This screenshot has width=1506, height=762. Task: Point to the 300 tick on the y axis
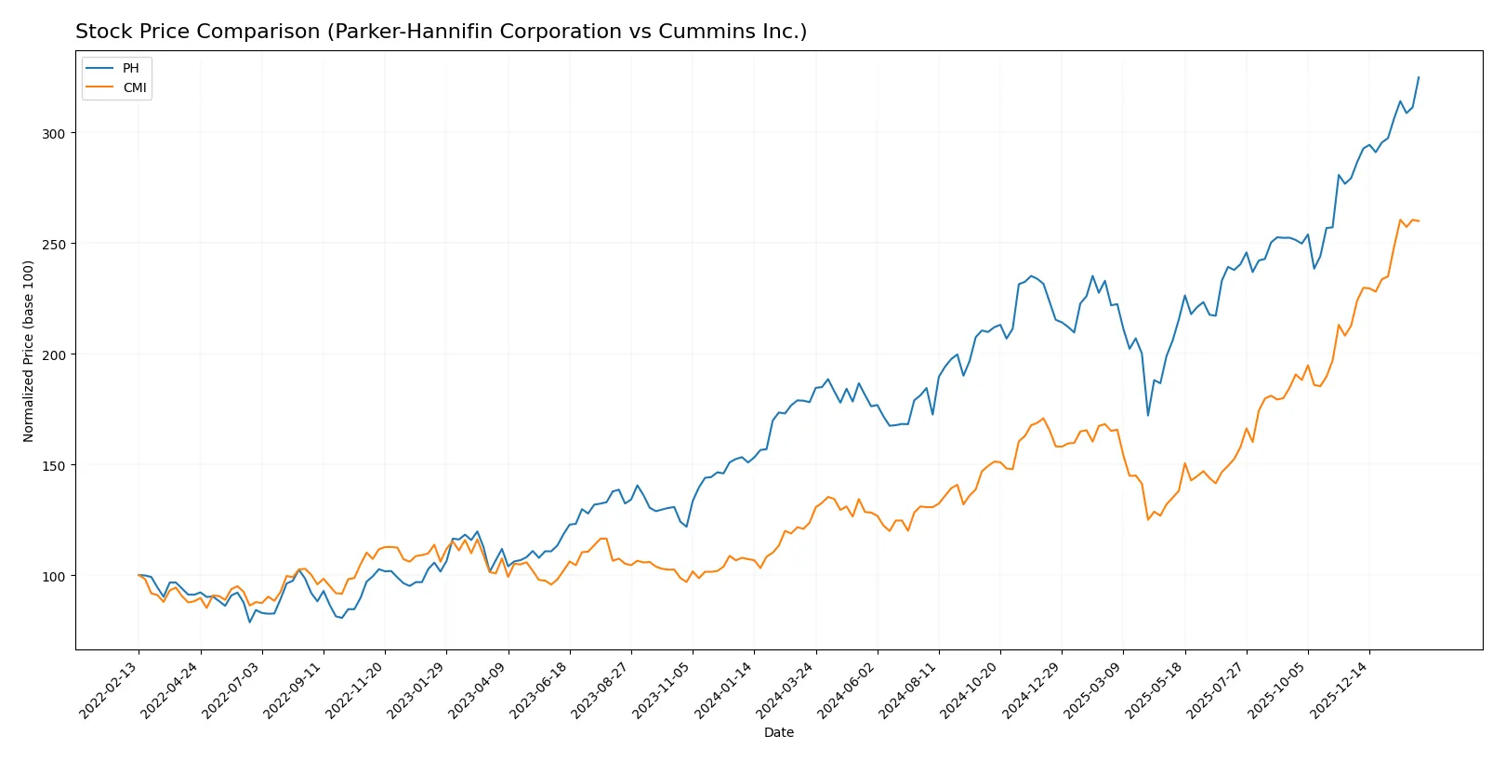pyautogui.click(x=53, y=133)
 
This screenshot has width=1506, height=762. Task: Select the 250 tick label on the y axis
pyautogui.click(x=53, y=244)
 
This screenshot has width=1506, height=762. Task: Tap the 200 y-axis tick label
pyautogui.click(x=53, y=354)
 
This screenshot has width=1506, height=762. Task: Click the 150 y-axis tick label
pyautogui.click(x=53, y=465)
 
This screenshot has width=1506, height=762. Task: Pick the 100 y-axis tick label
pyautogui.click(x=53, y=576)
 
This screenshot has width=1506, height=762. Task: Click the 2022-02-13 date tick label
pyautogui.click(x=110, y=689)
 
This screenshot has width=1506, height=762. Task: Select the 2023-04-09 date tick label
pyautogui.click(x=479, y=689)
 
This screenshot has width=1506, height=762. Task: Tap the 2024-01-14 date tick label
pyautogui.click(x=725, y=689)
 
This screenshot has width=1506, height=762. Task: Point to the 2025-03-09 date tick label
pyautogui.click(x=1094, y=689)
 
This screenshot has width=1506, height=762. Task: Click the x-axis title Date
pyautogui.click(x=779, y=732)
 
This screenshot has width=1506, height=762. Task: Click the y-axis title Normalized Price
pyautogui.click(x=29, y=351)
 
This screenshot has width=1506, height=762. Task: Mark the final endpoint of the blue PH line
pyautogui.click(x=1419, y=77)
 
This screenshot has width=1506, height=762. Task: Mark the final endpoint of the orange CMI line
pyautogui.click(x=1419, y=221)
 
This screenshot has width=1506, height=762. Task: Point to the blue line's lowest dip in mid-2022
pyautogui.click(x=249, y=622)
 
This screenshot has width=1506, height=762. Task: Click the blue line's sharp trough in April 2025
pyautogui.click(x=1148, y=415)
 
